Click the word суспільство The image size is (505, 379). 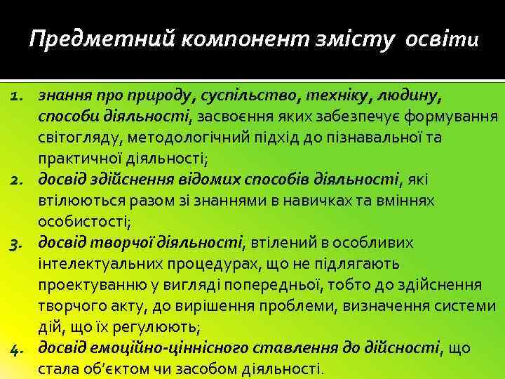pos(243,95)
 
